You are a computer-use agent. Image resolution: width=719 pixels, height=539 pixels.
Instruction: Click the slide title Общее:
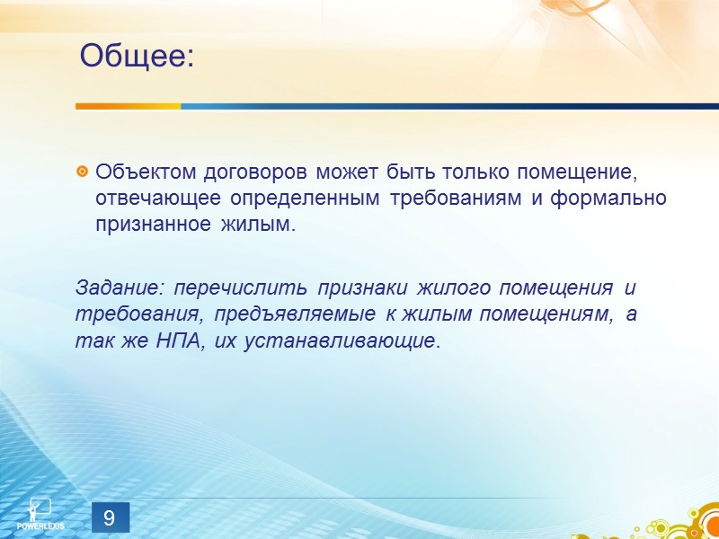tap(137, 57)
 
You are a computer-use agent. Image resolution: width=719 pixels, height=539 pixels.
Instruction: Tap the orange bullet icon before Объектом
tap(83, 171)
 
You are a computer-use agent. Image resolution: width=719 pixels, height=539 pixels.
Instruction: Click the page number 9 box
tap(109, 517)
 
